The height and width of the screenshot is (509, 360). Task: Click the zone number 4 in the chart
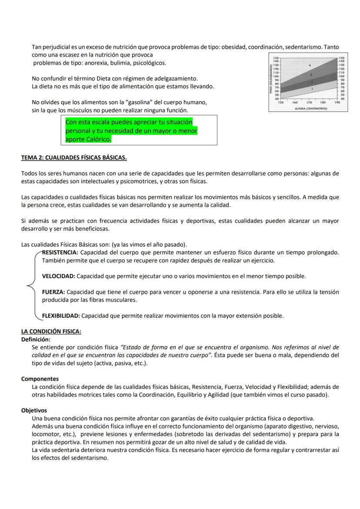click(x=310, y=65)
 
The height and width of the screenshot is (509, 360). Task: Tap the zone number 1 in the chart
click(x=312, y=89)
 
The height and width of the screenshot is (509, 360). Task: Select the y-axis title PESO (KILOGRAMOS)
click(x=271, y=79)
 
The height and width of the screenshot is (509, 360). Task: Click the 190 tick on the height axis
click(x=337, y=103)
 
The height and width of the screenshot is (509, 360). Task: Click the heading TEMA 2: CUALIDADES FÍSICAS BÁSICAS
click(x=74, y=157)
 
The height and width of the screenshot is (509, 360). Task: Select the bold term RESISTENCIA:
click(x=60, y=253)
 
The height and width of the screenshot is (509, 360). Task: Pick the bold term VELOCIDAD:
click(x=59, y=276)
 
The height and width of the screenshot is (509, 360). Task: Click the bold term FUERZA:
click(x=53, y=292)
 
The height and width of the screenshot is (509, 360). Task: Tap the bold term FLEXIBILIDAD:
click(x=61, y=316)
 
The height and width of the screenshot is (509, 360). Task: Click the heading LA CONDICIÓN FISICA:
click(x=51, y=332)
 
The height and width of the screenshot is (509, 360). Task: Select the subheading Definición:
click(x=36, y=339)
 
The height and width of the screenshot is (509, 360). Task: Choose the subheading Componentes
click(x=40, y=379)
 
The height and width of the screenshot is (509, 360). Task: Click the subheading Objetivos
click(x=34, y=410)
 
